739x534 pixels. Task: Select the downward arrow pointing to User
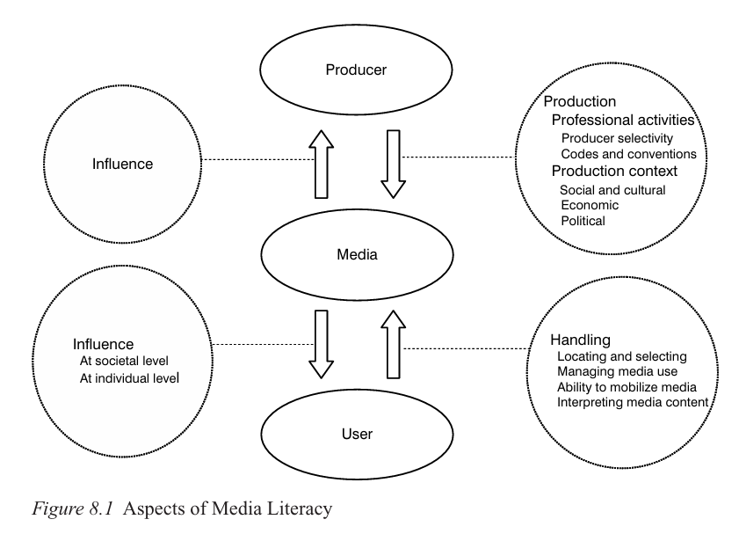tap(324, 344)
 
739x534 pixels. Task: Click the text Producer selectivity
tap(617, 137)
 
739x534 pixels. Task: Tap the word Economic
tap(589, 205)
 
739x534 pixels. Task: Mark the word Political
tap(583, 221)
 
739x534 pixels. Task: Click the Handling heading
tap(580, 340)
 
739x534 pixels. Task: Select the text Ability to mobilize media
tap(627, 387)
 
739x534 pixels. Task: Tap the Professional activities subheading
tap(622, 119)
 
